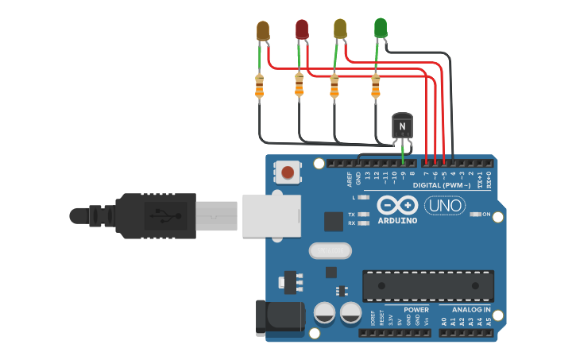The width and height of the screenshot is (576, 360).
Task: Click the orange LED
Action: pos(263,30)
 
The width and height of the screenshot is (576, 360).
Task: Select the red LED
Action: pos(302,29)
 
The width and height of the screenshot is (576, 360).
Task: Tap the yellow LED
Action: pos(340,29)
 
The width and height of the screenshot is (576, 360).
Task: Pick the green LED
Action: pos(381,27)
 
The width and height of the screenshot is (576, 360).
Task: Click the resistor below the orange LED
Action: pos(260,86)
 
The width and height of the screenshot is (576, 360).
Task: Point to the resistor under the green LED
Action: pos(376,86)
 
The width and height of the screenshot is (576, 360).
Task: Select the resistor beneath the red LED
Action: pos(299,84)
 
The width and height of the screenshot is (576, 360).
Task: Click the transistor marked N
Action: pos(404,126)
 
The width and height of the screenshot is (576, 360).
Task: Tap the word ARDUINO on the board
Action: pos(397,219)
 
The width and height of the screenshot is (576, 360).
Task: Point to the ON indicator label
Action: pos(486,215)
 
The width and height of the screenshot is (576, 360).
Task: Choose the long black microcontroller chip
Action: pos(427,284)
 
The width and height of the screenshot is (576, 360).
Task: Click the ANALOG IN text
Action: pos(470,309)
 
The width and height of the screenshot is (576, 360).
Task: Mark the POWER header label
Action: pos(416,309)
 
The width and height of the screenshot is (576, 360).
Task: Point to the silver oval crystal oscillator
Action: pos(330,251)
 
